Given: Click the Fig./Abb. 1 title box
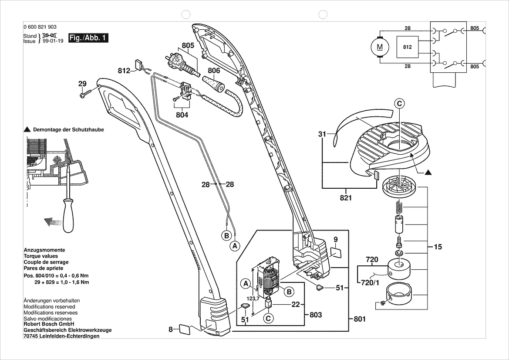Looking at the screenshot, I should (x=88, y=38).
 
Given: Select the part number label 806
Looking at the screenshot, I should (x=214, y=70).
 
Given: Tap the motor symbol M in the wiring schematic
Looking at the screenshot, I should (x=380, y=46).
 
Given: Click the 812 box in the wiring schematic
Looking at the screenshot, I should (x=407, y=47).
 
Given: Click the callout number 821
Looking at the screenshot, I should (x=346, y=198).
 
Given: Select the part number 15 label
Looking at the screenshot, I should (x=438, y=247).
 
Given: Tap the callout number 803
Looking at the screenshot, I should (x=316, y=315).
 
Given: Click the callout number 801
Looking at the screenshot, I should (x=359, y=319).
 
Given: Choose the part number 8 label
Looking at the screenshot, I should (x=171, y=329).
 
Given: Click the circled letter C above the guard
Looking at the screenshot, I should (x=399, y=103).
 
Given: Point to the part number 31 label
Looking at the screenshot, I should (x=322, y=134).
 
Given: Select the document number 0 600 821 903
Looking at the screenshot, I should (x=40, y=27).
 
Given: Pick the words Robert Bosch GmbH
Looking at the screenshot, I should (x=49, y=325).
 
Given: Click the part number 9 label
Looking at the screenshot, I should (x=336, y=239).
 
